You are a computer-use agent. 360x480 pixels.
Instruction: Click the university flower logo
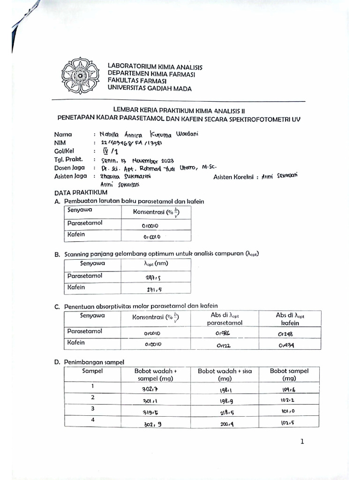(80, 75)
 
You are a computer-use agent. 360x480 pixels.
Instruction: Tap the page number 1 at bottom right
(302, 441)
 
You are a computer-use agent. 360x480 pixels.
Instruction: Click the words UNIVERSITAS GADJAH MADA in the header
(149, 88)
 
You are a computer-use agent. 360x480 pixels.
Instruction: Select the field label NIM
(60, 142)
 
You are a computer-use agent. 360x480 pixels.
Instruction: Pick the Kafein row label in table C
(76, 343)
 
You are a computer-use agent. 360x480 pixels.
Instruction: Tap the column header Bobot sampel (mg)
(289, 374)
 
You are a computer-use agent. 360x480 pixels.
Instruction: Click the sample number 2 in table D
(92, 397)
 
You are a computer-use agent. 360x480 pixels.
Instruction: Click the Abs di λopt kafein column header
(290, 319)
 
